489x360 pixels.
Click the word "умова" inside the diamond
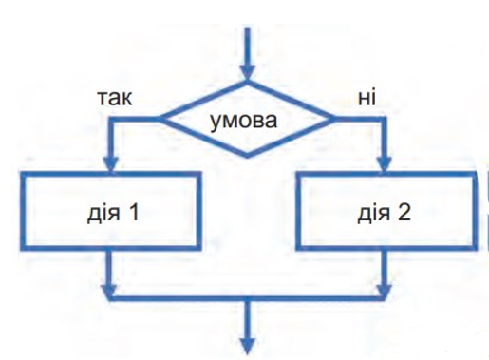[243, 122]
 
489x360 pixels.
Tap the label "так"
[115, 98]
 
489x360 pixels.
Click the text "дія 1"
[113, 213]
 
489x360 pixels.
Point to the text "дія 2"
[385, 213]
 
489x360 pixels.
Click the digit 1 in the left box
[133, 212]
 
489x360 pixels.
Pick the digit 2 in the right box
[404, 212]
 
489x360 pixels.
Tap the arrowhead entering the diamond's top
[247, 73]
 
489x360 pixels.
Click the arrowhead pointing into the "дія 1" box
[110, 165]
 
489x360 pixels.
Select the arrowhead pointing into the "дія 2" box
[384, 165]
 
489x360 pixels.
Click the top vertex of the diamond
[247, 82]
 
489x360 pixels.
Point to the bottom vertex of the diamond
[247, 157]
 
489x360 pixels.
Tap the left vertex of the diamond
[160, 120]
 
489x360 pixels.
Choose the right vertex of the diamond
[334, 120]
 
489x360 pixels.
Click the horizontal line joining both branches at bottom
[247, 298]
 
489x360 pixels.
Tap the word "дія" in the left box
[103, 214]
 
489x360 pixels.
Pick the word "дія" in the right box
[374, 214]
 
